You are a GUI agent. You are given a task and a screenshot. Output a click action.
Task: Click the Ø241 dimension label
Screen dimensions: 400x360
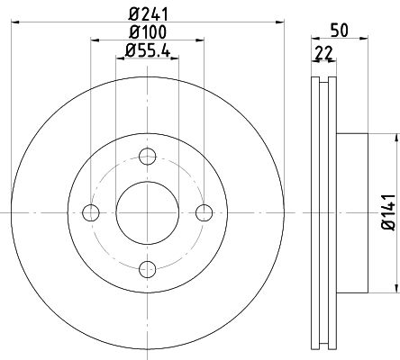coord(148,13)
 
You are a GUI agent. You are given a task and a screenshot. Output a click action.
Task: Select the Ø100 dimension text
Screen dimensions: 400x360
coord(147,32)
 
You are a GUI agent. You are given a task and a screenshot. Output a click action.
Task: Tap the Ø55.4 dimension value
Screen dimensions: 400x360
coord(148,50)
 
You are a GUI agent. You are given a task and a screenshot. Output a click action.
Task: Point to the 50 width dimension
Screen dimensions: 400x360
coord(340,30)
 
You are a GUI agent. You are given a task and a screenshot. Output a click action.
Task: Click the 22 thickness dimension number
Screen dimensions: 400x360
coord(324,53)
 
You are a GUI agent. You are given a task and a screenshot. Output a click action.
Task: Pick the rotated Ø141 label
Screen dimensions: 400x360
coord(389,212)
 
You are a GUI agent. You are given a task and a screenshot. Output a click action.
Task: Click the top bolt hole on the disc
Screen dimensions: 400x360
coord(148,157)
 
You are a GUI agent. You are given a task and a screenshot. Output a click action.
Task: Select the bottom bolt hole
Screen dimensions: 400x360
coord(148,269)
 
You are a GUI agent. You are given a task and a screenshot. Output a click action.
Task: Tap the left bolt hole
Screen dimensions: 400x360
coord(91,212)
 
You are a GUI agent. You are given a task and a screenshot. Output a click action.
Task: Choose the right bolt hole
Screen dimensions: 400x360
coord(205,212)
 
